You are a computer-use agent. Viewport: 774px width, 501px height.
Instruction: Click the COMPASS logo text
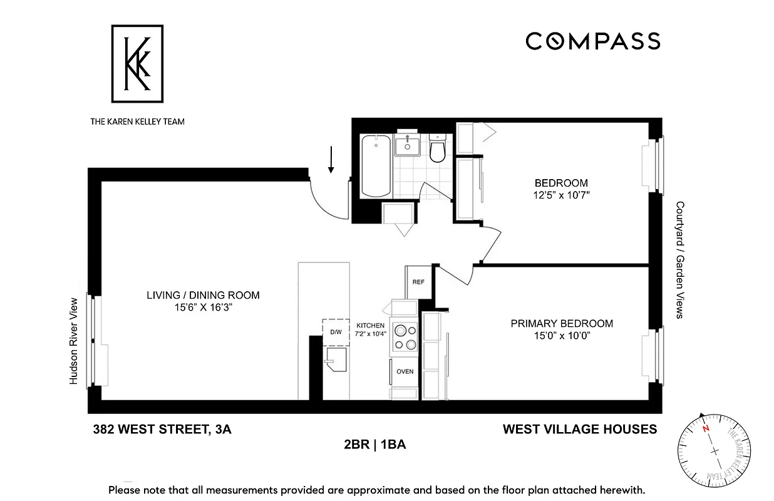pos(592,41)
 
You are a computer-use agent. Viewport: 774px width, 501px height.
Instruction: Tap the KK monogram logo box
pos(137,63)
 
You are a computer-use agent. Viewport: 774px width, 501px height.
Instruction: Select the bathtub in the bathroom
pos(376,166)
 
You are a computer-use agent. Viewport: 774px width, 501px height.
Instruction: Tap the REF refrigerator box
pos(418,282)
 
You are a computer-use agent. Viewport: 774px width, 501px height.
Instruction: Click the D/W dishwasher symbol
pos(336,333)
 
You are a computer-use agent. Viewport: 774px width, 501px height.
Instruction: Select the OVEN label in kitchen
pos(405,371)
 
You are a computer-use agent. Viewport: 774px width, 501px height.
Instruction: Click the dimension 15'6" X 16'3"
pos(203,307)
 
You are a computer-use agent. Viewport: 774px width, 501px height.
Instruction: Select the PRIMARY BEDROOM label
pos(562,324)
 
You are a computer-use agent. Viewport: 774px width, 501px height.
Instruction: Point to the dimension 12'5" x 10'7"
pos(561,195)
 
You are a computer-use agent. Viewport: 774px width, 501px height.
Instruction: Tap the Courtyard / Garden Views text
pos(679,260)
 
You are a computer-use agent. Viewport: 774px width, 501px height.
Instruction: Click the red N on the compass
pos(706,429)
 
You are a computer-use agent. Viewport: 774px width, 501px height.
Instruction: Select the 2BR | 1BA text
pos(374,445)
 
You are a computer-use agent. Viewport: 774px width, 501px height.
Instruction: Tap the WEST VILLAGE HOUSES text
pos(580,430)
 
